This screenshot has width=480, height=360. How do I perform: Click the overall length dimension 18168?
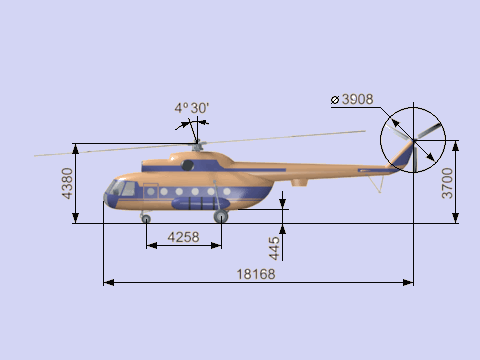pyautogui.click(x=256, y=274)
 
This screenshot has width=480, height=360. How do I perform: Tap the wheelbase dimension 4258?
pyautogui.click(x=183, y=237)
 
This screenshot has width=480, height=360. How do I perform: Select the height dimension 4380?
pyautogui.click(x=67, y=183)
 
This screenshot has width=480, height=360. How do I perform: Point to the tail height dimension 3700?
pyautogui.click(x=447, y=183)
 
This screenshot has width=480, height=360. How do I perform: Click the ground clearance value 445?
pyautogui.click(x=274, y=248)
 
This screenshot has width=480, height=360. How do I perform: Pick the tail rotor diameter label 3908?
pyautogui.click(x=358, y=99)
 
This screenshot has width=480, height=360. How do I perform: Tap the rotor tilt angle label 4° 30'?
pyautogui.click(x=192, y=108)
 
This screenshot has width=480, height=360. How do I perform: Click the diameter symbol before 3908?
pyautogui.click(x=335, y=100)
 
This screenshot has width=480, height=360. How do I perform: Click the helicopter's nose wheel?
pyautogui.click(x=146, y=219)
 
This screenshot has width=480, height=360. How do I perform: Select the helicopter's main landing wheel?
pyautogui.click(x=221, y=216)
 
